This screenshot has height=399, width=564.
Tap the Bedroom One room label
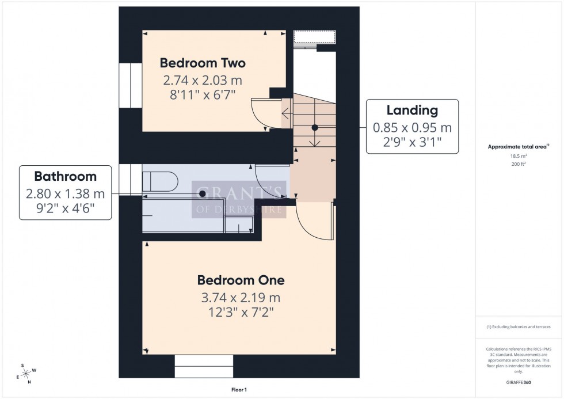click(241, 280)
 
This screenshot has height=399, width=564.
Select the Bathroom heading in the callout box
click(65, 176)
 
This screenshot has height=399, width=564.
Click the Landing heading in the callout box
click(412, 110)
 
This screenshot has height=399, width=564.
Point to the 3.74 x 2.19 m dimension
click(241, 298)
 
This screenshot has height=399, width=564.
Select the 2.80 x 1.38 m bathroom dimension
click(65, 195)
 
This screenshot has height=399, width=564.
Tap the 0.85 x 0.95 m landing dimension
click(412, 128)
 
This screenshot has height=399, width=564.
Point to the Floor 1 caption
click(238, 390)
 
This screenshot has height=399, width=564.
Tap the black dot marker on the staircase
click(315, 128)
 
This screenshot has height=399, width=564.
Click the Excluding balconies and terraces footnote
click(519, 326)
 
